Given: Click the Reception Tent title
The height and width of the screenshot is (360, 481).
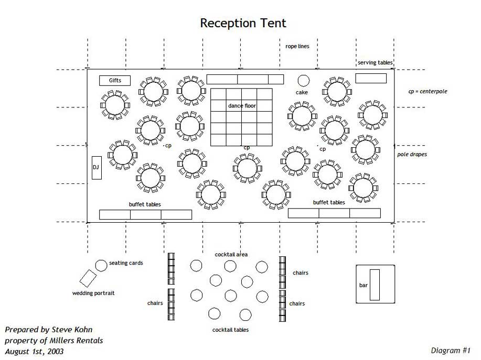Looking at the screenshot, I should pyautogui.click(x=243, y=23).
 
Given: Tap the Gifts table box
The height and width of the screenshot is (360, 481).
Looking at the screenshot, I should pyautogui.click(x=115, y=80).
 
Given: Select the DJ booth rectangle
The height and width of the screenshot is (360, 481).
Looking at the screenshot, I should pyautogui.click(x=97, y=168).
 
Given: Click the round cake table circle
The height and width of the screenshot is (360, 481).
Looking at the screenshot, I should pyautogui.click(x=303, y=80).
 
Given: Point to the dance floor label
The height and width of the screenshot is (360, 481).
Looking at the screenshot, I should pyautogui.click(x=242, y=106).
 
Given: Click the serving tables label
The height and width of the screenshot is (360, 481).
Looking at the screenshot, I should pyautogui.click(x=375, y=63).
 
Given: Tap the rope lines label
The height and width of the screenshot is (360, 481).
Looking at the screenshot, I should pyautogui.click(x=297, y=46).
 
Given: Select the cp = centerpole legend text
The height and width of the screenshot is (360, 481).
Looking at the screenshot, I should pyautogui.click(x=427, y=91).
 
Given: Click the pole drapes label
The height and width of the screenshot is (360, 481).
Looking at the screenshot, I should pyautogui.click(x=412, y=155).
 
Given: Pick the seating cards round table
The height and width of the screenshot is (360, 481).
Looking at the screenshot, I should pyautogui.click(x=101, y=266).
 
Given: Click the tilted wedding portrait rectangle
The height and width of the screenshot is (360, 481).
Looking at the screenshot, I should pyautogui.click(x=88, y=278).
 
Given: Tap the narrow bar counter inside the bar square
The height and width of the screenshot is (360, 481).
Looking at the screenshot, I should pyautogui.click(x=375, y=285).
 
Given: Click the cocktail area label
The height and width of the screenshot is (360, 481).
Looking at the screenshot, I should pyautogui.click(x=231, y=255).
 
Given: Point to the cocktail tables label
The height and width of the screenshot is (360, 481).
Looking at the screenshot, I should pyautogui.click(x=230, y=330).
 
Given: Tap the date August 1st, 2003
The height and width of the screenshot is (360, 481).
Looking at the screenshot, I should pyautogui.click(x=34, y=351).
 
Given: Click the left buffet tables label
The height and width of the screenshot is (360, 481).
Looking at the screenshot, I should pyautogui.click(x=145, y=204).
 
